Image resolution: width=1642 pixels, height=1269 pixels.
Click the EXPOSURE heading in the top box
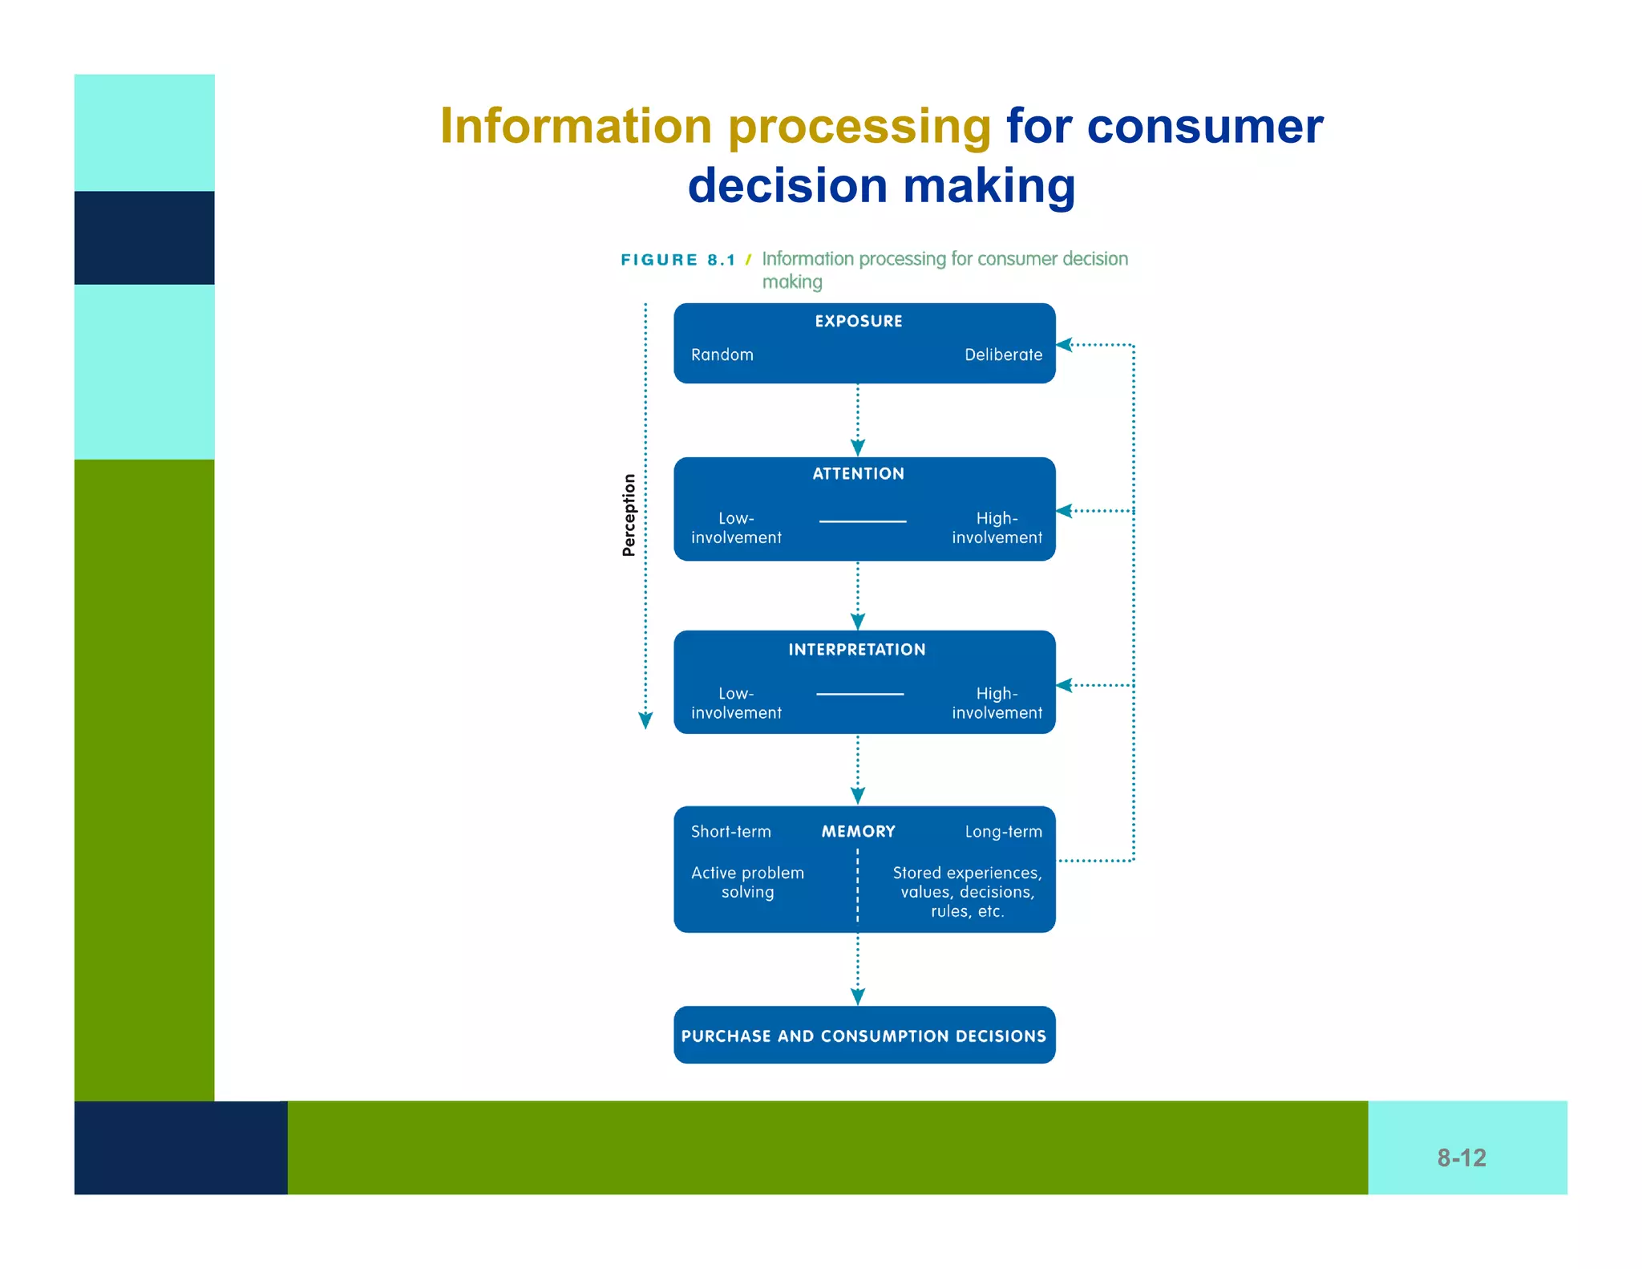click(x=858, y=321)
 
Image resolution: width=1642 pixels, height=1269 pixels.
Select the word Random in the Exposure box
click(x=722, y=355)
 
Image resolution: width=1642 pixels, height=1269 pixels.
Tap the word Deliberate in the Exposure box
click(x=1003, y=355)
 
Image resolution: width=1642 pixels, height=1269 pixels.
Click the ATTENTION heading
click(x=858, y=473)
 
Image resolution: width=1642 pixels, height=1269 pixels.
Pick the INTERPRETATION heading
click(x=856, y=650)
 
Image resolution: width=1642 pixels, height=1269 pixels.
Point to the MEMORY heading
click(x=858, y=832)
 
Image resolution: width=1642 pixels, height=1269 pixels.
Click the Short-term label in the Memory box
click(x=730, y=832)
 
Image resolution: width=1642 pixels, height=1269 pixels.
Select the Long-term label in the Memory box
click(x=1003, y=832)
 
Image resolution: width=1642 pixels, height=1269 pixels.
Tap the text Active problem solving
click(x=747, y=882)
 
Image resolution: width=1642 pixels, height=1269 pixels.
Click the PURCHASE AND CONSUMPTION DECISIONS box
click(x=863, y=1036)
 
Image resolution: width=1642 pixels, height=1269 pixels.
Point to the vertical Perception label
click(x=629, y=515)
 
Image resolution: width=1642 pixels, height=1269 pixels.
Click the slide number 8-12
click(x=1461, y=1158)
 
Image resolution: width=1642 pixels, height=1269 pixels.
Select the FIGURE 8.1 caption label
click(x=677, y=260)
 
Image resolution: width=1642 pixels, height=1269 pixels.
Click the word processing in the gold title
click(x=859, y=127)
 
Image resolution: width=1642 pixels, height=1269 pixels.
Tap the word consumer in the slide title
click(x=1204, y=127)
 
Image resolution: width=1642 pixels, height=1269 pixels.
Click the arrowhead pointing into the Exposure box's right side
click(x=1065, y=345)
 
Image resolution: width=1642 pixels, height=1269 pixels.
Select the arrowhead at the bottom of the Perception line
click(x=645, y=720)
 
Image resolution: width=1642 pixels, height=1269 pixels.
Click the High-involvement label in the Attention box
click(x=997, y=528)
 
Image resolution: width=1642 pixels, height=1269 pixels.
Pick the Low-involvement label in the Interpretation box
click(x=736, y=703)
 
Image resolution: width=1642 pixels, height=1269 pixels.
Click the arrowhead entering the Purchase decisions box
click(x=858, y=997)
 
